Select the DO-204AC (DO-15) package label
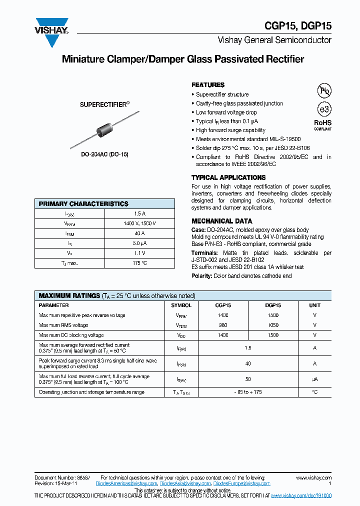coord(104,154)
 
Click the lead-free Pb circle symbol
coord(324,90)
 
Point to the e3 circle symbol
coord(324,109)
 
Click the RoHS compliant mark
coord(322,124)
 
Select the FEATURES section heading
coord(208,85)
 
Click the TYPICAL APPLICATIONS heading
coord(228,177)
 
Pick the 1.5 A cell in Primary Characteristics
coord(139,214)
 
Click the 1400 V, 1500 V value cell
coord(139,223)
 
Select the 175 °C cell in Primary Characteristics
coord(139,263)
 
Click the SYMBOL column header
coord(181,305)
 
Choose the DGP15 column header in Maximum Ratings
coord(273,305)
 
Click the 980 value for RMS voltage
coord(223,325)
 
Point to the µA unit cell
coord(314,379)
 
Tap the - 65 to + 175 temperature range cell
coord(248,392)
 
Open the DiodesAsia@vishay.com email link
coord(185,484)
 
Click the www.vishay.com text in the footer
coord(313,478)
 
